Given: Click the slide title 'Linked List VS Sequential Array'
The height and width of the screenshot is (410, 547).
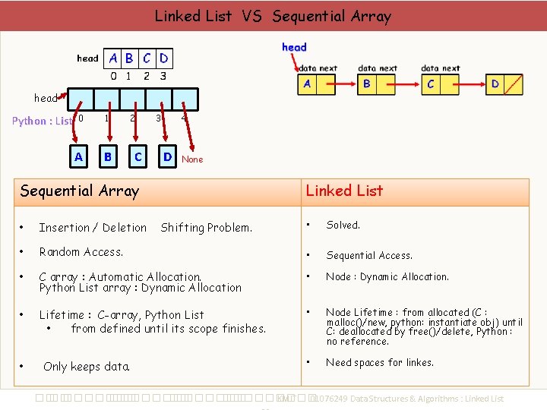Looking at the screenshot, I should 273,16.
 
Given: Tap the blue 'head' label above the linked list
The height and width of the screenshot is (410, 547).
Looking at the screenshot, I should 294,47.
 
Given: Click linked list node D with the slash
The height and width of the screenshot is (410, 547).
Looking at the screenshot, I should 504,84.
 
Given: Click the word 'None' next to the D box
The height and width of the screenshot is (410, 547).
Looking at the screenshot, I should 192,159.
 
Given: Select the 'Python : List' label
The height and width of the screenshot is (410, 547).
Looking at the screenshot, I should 43,121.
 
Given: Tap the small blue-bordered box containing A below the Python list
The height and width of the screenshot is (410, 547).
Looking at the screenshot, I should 78,157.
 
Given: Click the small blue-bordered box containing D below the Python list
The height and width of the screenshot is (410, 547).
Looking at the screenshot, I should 167,157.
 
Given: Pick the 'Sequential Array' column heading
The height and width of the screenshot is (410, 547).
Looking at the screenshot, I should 80,191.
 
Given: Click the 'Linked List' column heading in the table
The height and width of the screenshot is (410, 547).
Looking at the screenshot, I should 344,191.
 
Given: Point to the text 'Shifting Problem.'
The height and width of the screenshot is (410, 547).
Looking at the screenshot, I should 207,228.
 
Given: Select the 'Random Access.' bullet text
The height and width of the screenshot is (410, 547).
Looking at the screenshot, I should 81,252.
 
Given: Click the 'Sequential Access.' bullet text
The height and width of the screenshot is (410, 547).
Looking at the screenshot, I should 369,256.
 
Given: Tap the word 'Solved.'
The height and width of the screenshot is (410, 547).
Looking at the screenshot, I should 343,225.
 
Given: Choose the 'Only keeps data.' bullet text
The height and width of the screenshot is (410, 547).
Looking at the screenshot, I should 87,367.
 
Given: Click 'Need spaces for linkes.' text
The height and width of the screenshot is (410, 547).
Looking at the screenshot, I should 380,363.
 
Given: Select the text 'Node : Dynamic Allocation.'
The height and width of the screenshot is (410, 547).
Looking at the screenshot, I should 387,277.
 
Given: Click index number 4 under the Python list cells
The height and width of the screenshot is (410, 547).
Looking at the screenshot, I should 183,118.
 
